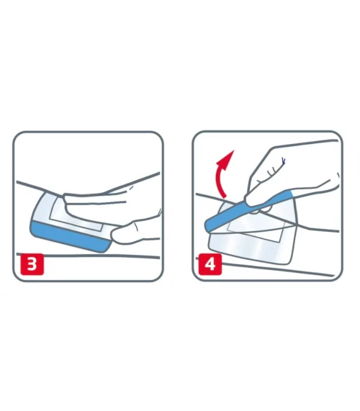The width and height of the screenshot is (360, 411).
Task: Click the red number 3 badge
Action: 32,264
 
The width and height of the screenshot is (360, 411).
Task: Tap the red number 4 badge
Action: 210,264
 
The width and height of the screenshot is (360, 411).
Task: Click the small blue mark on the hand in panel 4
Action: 283,161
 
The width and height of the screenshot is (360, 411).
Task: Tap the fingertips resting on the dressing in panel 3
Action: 68,202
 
